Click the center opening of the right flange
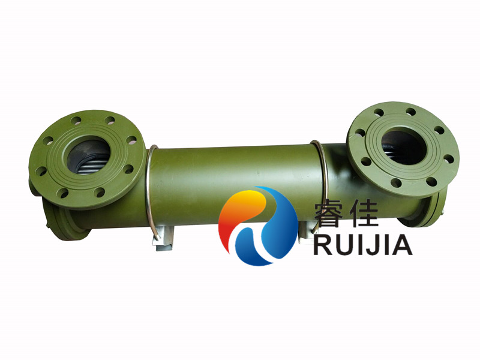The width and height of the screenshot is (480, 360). (403, 145)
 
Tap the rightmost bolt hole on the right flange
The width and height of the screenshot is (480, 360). (449, 159)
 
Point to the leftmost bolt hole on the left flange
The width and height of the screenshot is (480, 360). (41, 172)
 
